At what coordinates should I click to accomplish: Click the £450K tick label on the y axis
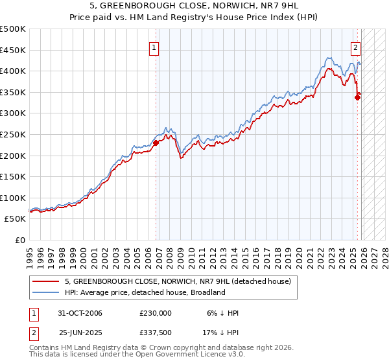point(13,50)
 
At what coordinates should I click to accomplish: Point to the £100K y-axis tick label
point(13,198)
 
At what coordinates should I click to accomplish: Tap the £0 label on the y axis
point(19,240)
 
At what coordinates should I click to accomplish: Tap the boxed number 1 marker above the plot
point(154,47)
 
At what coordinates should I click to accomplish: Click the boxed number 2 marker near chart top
point(356,47)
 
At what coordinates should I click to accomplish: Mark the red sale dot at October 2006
point(156,143)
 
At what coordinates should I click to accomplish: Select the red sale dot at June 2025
point(357,98)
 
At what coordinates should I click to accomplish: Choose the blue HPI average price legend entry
point(144,292)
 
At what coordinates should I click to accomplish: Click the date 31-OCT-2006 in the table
point(80,312)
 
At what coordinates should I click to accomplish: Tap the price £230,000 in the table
point(155,312)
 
